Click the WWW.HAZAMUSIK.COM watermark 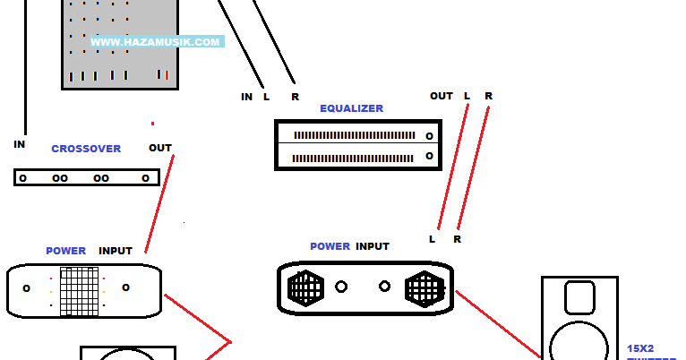pos(156,42)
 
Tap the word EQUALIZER pos(351,108)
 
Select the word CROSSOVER pos(86,149)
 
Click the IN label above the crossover pos(20,144)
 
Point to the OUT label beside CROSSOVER pos(160,148)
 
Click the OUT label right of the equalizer pos(442,96)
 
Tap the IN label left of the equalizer pos(246,97)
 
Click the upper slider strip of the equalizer pos(356,135)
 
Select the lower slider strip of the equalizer pos(356,158)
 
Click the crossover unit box pos(86,177)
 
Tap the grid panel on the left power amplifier pos(79,290)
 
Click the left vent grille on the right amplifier pos(305,288)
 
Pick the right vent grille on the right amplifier pos(424,288)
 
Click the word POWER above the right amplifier pos(330,246)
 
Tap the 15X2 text pos(639,347)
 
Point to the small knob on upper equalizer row pos(430,136)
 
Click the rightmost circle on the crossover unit pos(145,178)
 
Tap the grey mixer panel pos(119,45)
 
